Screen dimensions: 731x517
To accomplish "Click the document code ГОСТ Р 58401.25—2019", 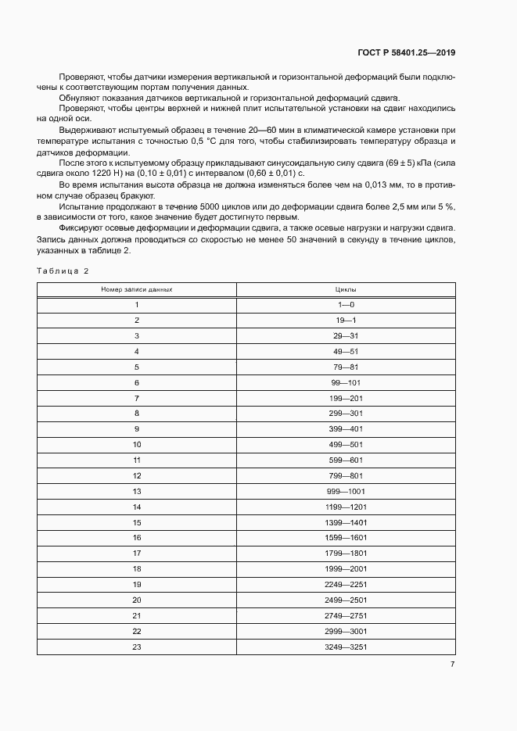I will pos(400,52).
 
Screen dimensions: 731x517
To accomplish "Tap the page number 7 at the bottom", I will pos(452,664).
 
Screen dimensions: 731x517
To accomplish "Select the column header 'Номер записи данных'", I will pos(137,289).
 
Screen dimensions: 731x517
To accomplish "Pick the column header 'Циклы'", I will pos(346,289).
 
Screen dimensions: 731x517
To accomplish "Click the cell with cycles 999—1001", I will pos(346,491).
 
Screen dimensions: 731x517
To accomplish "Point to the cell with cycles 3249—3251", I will pos(346,647).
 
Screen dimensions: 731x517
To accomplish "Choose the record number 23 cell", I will pos(137,647).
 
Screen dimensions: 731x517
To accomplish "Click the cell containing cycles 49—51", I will pos(346,351).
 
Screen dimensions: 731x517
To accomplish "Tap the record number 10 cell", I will pos(137,444).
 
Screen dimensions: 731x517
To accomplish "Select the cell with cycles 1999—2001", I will pos(346,569).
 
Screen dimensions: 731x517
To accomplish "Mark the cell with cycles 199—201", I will pos(346,398).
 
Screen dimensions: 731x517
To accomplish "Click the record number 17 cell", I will pos(137,554).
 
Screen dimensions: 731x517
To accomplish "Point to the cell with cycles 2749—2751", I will pos(346,615).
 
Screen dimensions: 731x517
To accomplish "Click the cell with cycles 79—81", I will pos(346,367).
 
